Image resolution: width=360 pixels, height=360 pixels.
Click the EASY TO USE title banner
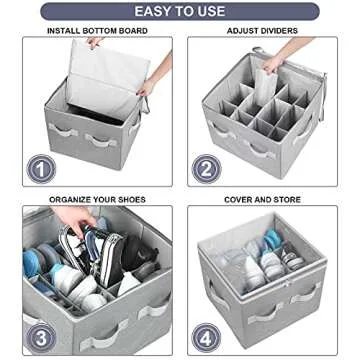click(x=179, y=12)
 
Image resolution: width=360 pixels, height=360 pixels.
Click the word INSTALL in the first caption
click(x=64, y=31)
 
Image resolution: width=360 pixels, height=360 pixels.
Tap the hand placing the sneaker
click(x=70, y=216)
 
